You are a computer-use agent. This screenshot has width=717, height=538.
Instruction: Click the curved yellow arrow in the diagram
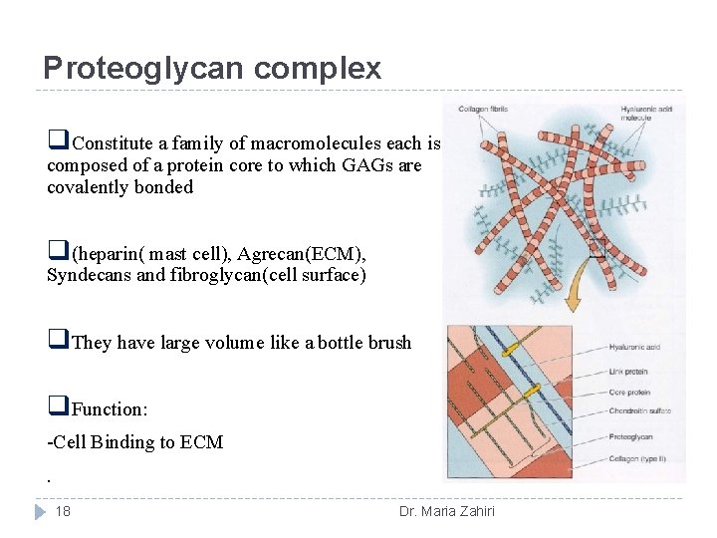pos(576,289)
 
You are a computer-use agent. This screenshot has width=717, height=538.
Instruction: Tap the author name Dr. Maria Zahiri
pos(446,512)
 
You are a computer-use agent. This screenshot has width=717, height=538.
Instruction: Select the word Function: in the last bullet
pos(112,408)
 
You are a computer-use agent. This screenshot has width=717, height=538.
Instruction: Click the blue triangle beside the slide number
pos(40,511)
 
